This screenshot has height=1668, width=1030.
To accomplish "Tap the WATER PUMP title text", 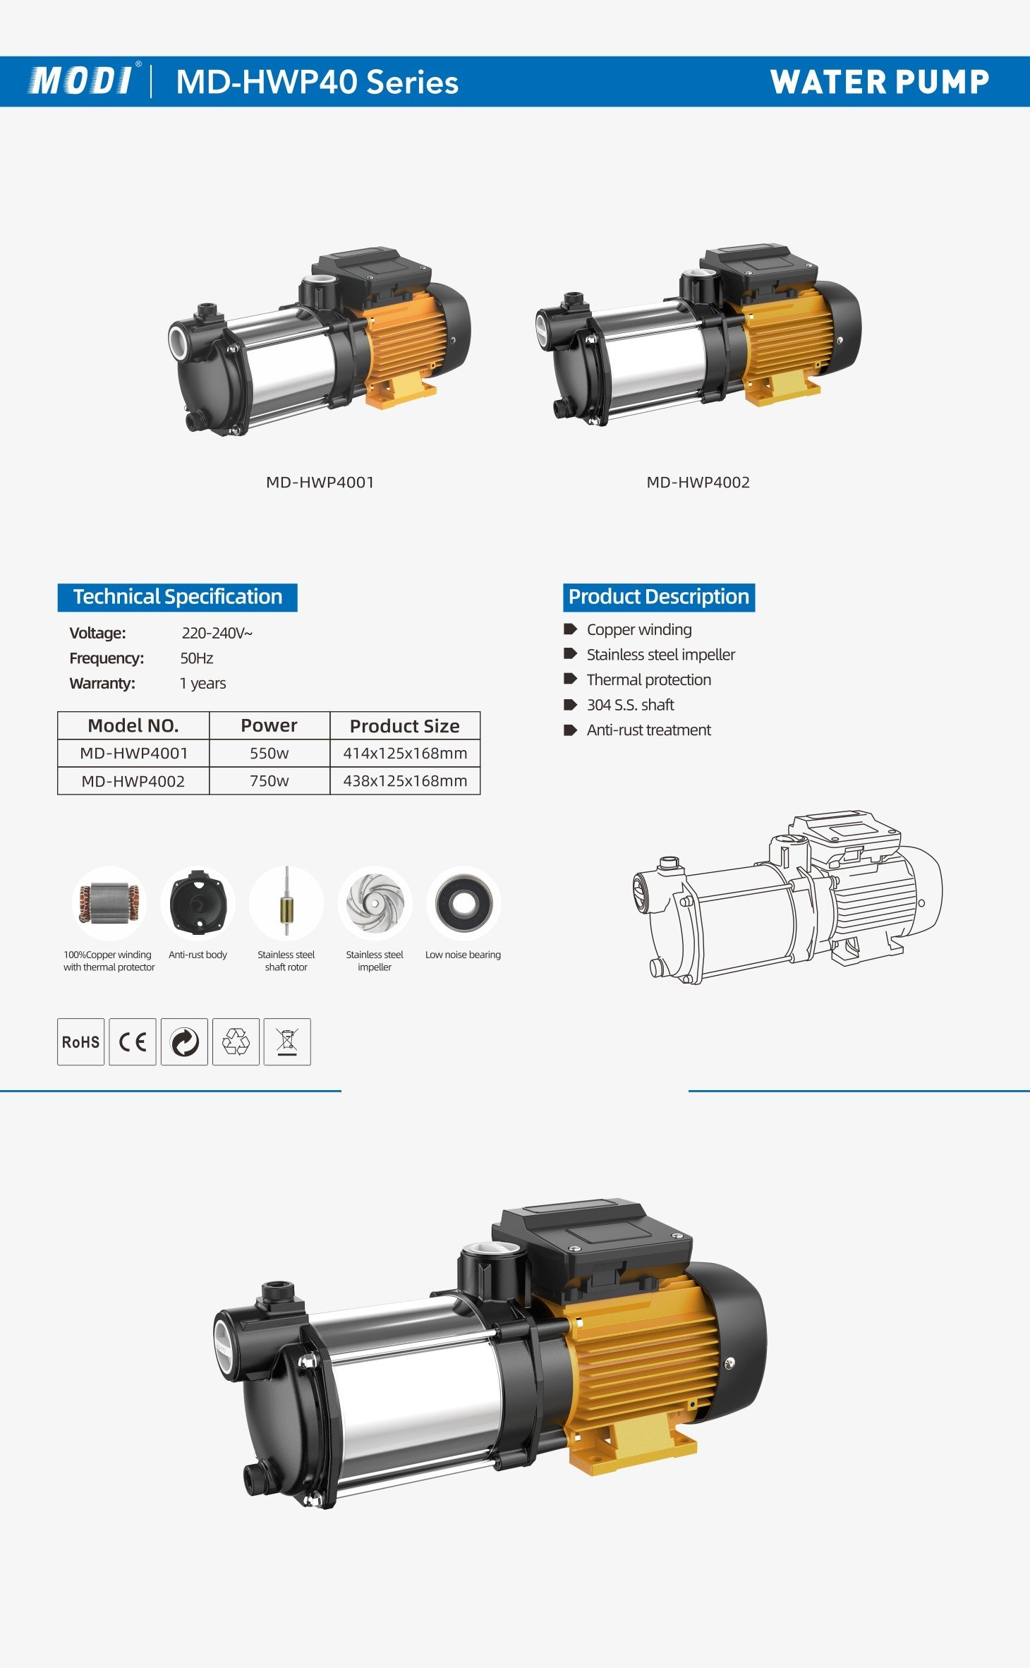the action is [x=879, y=82].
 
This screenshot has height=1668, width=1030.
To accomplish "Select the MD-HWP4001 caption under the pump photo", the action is [x=320, y=483].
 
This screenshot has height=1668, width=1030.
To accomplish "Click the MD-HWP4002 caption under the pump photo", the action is [x=698, y=483].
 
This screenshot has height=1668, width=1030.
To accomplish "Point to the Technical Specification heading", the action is [x=177, y=597].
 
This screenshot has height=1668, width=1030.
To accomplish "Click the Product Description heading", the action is [x=658, y=597].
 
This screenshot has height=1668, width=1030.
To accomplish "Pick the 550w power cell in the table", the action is [x=269, y=754].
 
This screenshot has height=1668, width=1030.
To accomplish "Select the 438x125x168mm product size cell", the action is [x=405, y=781].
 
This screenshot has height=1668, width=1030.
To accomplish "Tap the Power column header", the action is [x=269, y=726].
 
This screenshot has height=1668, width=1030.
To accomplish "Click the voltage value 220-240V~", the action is [x=217, y=633].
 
